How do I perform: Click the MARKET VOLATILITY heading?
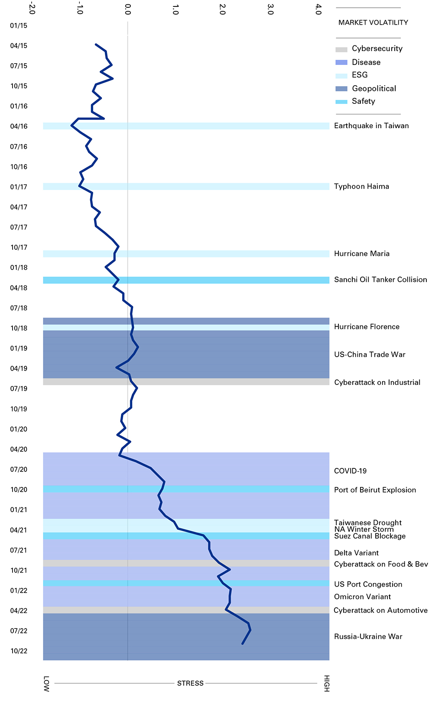click(373, 23)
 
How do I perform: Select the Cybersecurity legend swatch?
click(341, 49)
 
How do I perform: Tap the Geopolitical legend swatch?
click(341, 89)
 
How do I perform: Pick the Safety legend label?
click(363, 101)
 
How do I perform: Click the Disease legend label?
click(366, 62)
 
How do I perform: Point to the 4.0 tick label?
click(318, 10)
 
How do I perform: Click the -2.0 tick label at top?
click(32, 10)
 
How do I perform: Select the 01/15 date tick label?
click(19, 26)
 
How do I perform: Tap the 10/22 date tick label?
click(19, 651)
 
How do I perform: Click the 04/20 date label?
click(19, 449)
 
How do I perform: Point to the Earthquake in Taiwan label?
click(371, 126)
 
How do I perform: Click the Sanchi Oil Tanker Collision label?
click(380, 280)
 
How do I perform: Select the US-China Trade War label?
click(370, 355)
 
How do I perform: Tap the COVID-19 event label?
click(350, 471)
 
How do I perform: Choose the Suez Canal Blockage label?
click(370, 536)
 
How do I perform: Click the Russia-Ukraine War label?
click(368, 637)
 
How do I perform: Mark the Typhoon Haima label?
click(361, 187)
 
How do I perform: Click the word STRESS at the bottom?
click(190, 683)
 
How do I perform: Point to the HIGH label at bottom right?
click(327, 683)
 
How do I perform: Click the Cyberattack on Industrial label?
click(377, 383)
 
